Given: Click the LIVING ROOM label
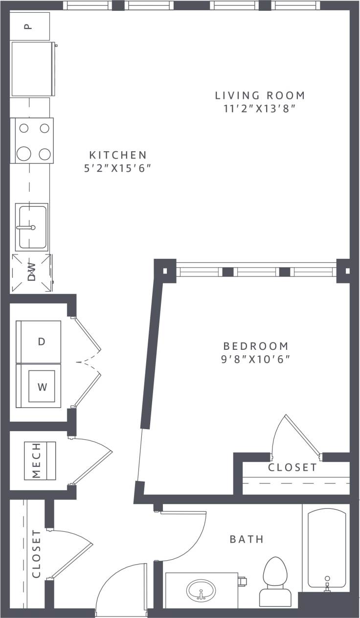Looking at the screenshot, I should [261, 95].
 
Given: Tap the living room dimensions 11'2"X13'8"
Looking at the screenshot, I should [261, 109].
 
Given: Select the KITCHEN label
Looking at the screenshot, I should [118, 155].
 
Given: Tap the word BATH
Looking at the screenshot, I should [247, 539].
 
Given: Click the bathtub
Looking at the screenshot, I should [326, 548].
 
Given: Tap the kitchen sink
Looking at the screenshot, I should [32, 228].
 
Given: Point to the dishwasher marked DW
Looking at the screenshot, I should [31, 273].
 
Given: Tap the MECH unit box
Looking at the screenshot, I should [41, 461].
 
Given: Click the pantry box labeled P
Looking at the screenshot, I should [30, 26].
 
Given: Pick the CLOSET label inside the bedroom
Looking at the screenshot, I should [292, 468].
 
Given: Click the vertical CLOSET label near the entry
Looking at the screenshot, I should [36, 554].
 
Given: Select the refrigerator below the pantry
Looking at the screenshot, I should [32, 69].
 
